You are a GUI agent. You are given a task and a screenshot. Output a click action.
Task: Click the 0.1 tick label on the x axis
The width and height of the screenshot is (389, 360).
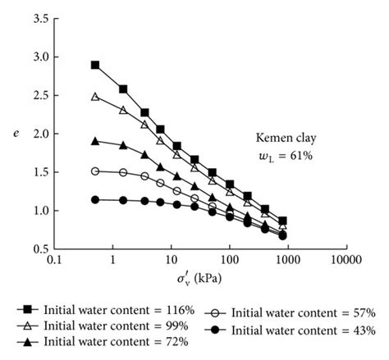(x=56, y=261)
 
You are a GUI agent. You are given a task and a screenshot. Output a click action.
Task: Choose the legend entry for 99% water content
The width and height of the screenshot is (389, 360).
(x=103, y=325)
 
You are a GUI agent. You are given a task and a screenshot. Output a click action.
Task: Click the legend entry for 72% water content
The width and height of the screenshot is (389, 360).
(x=103, y=340)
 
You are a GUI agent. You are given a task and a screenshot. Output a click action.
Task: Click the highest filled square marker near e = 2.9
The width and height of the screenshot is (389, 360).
(x=95, y=65)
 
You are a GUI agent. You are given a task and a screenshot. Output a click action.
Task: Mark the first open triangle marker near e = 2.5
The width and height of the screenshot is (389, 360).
(x=95, y=97)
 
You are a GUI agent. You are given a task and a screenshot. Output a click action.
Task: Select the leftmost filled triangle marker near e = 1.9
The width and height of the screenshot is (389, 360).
(x=95, y=141)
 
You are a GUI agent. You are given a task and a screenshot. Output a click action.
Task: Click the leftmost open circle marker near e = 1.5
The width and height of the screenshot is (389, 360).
(x=95, y=171)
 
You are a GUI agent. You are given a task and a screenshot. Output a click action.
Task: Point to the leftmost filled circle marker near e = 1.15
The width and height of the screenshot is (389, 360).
(x=95, y=199)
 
